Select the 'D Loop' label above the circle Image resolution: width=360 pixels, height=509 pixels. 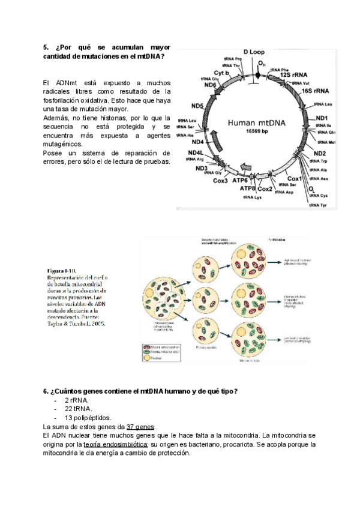(254, 52)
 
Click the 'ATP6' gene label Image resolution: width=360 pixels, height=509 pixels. (240, 179)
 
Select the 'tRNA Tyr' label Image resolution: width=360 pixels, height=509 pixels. (319, 205)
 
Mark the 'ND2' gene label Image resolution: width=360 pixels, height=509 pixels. (320, 153)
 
